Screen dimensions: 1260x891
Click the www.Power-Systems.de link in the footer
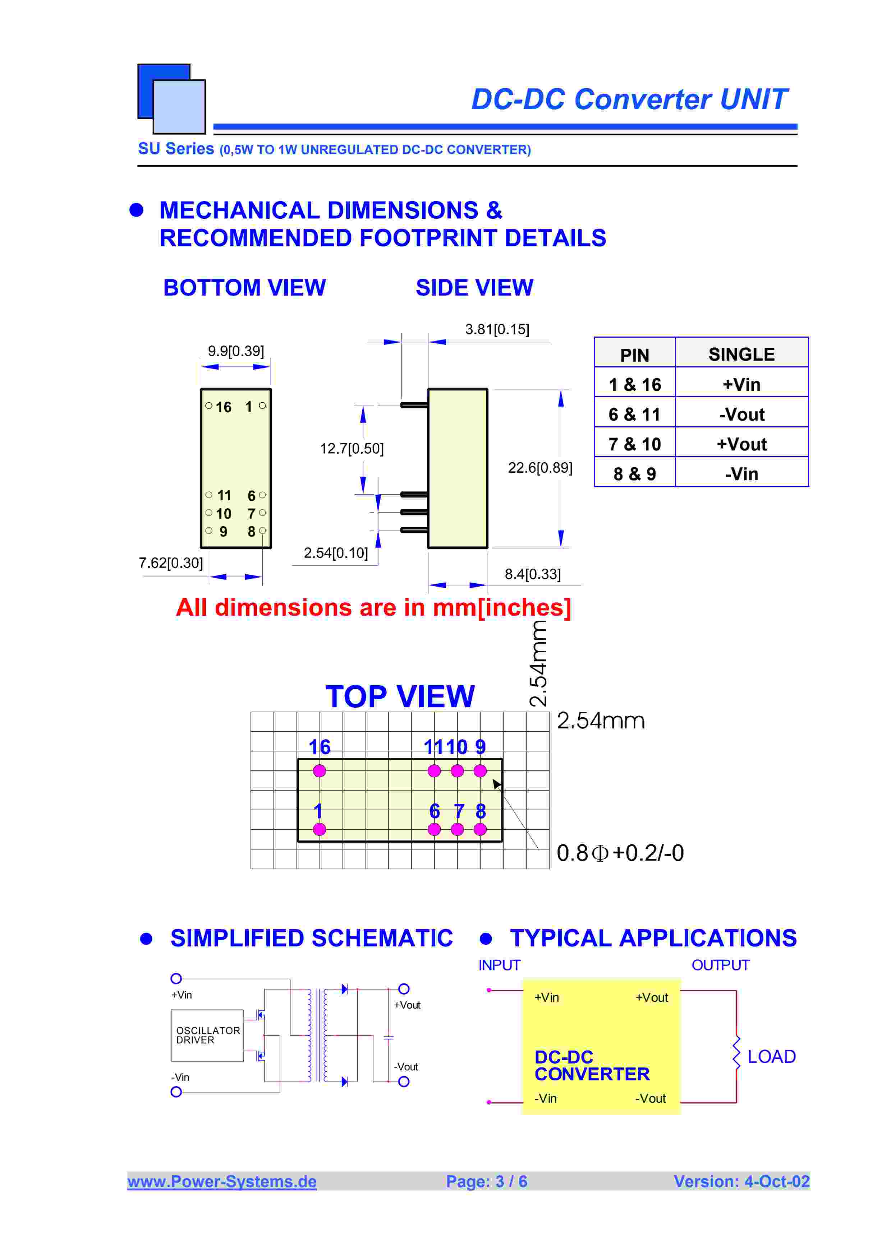[x=222, y=1182]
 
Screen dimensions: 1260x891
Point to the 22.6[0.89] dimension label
[x=539, y=468]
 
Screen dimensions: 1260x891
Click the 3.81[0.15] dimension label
[x=497, y=329]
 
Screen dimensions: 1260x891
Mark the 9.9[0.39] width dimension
[x=235, y=351]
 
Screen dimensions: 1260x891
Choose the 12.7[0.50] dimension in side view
[x=352, y=448]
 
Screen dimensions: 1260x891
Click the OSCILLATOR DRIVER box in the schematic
[x=207, y=1035]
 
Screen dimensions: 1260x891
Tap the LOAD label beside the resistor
[x=771, y=1056]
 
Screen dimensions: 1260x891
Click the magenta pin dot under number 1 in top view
[x=320, y=829]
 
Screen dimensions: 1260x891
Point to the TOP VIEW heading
[x=400, y=696]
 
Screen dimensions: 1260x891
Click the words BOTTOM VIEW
[x=244, y=288]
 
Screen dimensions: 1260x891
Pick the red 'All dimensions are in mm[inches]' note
[x=373, y=607]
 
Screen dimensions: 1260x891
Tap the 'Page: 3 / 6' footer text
[x=486, y=1182]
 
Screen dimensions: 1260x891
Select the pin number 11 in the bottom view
[x=224, y=496]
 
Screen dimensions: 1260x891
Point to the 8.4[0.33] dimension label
[x=533, y=574]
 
